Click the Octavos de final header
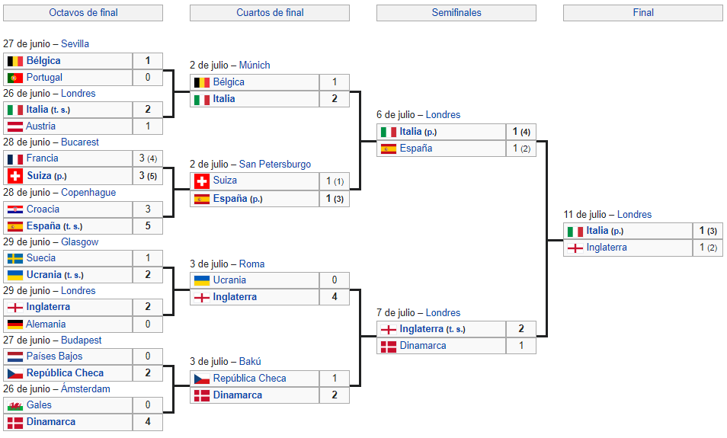pyautogui.click(x=84, y=12)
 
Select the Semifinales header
pyautogui.click(x=456, y=12)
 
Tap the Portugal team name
pyautogui.click(x=44, y=78)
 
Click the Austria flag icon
pyautogui.click(x=15, y=126)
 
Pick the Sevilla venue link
pyautogui.click(x=75, y=43)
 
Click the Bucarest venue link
pyautogui.click(x=80, y=142)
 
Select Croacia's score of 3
pyautogui.click(x=148, y=209)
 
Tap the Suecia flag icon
pyautogui.click(x=15, y=258)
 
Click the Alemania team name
pyautogui.click(x=46, y=324)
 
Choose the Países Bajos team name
pyautogui.click(x=54, y=356)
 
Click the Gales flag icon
pyautogui.click(x=15, y=405)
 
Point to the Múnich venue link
pyautogui.click(x=255, y=65)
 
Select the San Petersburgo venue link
pyautogui.click(x=275, y=164)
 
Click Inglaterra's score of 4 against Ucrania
pyautogui.click(x=335, y=296)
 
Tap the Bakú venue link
pyautogui.click(x=250, y=361)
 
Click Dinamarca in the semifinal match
pyautogui.click(x=423, y=345)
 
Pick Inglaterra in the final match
pyautogui.click(x=607, y=247)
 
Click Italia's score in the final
pyautogui.click(x=708, y=230)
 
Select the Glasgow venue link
pyautogui.click(x=80, y=241)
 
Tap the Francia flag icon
pyautogui.click(x=15, y=159)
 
